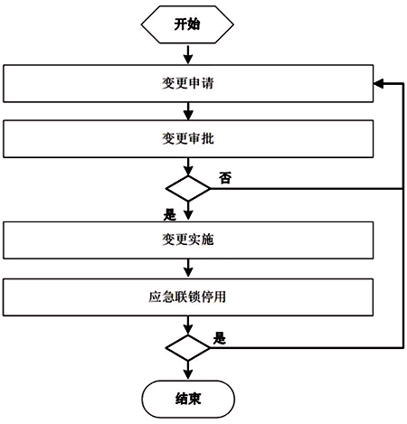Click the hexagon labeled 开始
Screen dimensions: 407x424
pos(187,24)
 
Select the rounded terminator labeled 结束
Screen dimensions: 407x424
pos(188,399)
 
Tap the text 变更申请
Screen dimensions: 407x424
pos(188,83)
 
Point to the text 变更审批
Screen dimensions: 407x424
pos(188,138)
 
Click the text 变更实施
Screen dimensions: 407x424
pos(188,240)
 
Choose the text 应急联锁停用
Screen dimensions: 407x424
pos(187,297)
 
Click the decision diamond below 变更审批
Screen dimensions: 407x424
pos(188,189)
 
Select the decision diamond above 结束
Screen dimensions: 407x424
pos(188,348)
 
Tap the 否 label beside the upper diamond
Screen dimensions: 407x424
pos(225,178)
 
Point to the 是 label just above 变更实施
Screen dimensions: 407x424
pos(170,215)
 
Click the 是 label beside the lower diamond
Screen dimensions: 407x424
pos(220,338)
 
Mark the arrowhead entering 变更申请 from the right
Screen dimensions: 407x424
pos(379,83)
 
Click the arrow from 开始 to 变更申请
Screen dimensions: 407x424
pos(188,54)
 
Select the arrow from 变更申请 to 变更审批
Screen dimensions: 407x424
pos(188,111)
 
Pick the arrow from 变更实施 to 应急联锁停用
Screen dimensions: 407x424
pos(188,269)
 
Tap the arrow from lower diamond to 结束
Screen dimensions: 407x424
pos(188,370)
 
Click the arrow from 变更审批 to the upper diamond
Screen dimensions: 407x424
pos(188,166)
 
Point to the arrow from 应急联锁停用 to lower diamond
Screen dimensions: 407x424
pos(188,325)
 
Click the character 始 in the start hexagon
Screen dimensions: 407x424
pos(194,24)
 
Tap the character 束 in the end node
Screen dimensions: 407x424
pos(194,399)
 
